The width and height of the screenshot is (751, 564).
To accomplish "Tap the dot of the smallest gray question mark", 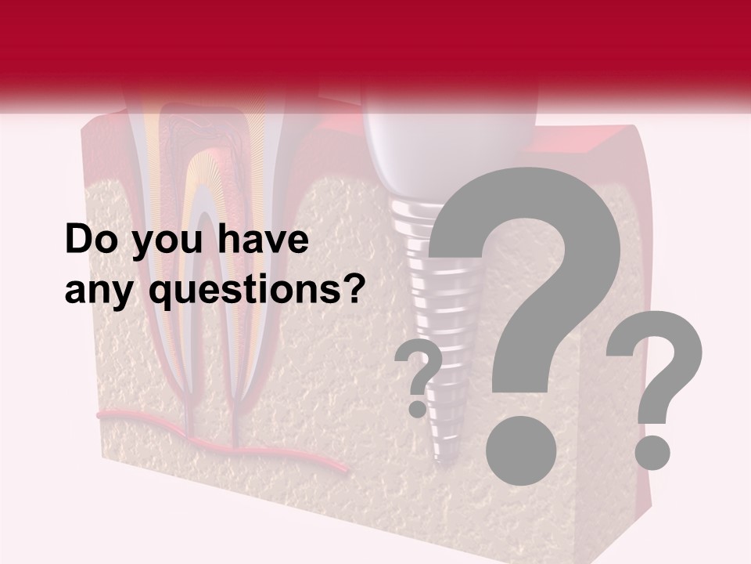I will (418, 409).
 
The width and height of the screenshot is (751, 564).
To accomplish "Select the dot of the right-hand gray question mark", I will (652, 452).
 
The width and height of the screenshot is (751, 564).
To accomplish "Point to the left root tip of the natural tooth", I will (189, 427).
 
